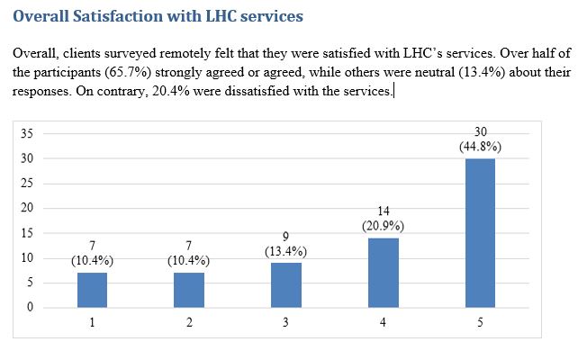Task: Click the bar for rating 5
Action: click(480, 233)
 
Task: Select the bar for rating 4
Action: click(383, 273)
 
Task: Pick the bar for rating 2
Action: click(189, 290)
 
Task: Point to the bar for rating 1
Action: click(93, 290)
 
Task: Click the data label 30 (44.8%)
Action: click(480, 139)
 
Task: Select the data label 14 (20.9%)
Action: click(383, 219)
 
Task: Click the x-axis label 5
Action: click(480, 322)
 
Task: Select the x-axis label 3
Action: click(286, 322)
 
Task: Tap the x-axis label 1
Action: click(93, 322)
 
